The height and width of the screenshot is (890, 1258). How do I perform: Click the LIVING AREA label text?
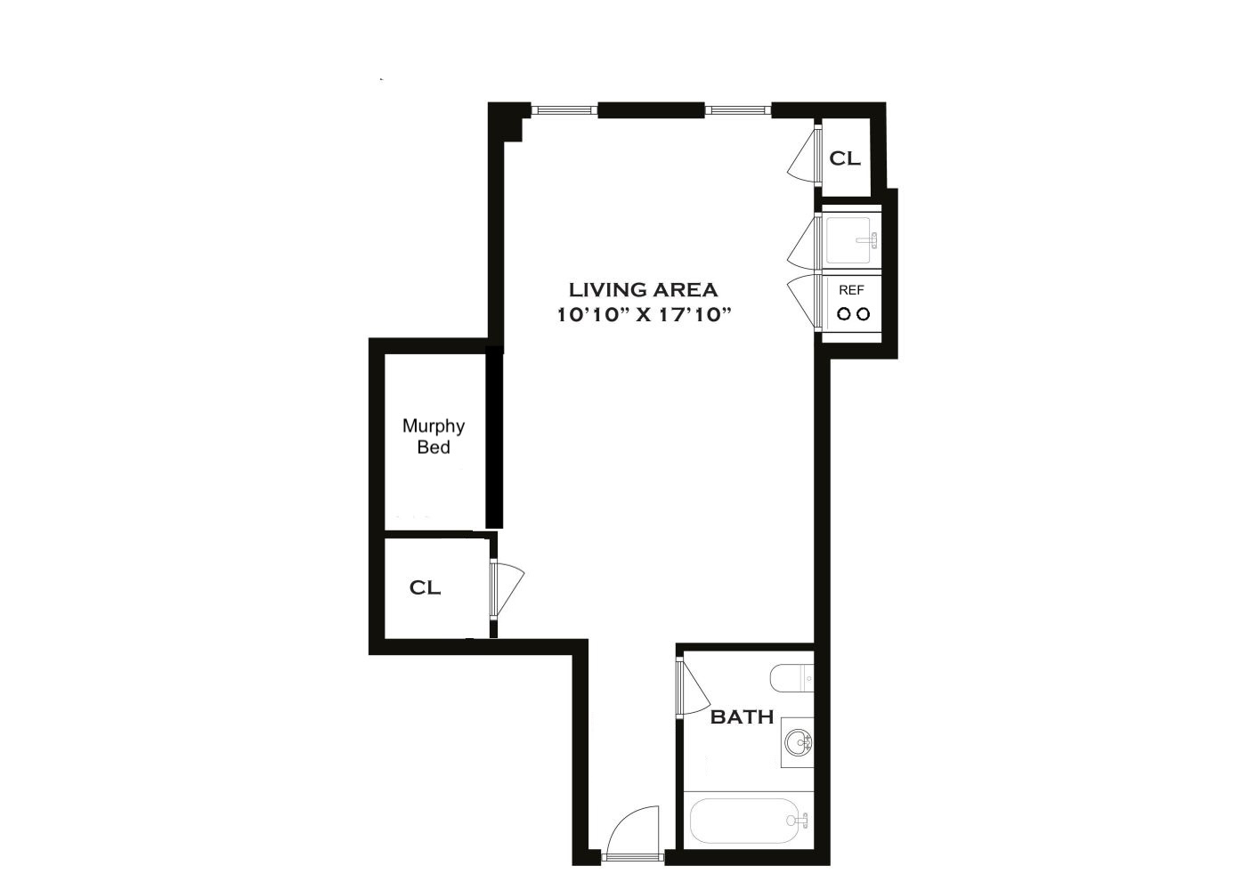click(x=643, y=289)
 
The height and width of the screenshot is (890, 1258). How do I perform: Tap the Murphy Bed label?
click(x=434, y=436)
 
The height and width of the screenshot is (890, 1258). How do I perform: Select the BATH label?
click(x=742, y=716)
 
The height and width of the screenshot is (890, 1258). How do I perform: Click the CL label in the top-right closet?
click(x=845, y=158)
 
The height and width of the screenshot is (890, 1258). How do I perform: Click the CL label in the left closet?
click(x=425, y=587)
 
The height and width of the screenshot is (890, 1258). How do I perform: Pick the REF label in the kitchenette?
click(x=851, y=290)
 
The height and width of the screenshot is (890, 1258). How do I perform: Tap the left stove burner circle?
click(x=842, y=313)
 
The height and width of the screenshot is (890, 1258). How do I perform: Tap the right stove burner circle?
click(x=862, y=313)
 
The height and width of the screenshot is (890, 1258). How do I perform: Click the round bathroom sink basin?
click(x=798, y=740)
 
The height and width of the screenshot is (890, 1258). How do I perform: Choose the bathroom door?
click(x=694, y=685)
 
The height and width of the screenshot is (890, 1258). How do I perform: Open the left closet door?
click(x=510, y=588)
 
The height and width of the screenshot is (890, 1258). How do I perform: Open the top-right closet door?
click(x=805, y=156)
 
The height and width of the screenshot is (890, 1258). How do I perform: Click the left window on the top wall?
click(x=564, y=110)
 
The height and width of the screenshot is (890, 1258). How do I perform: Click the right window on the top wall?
click(x=738, y=110)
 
